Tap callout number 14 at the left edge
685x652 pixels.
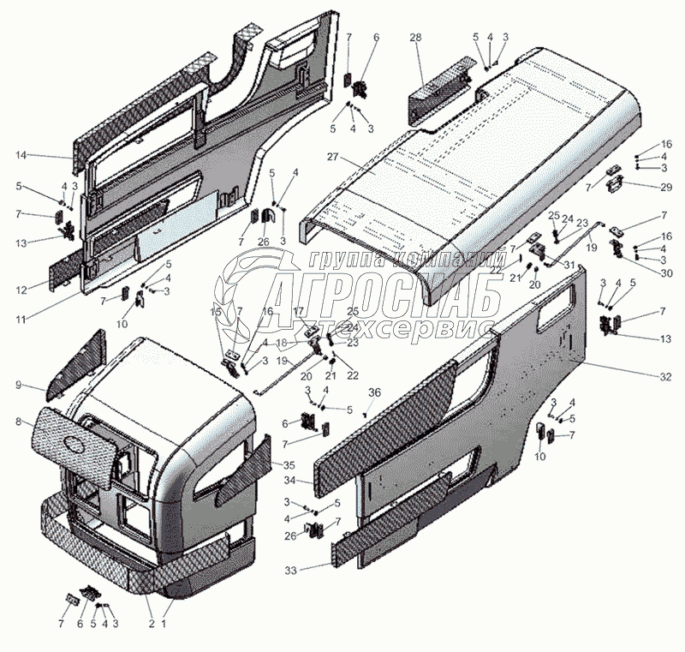point(21,155)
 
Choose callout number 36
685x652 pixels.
point(374,392)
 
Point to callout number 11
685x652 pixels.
point(19,319)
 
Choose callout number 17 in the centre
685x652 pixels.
point(299,311)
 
